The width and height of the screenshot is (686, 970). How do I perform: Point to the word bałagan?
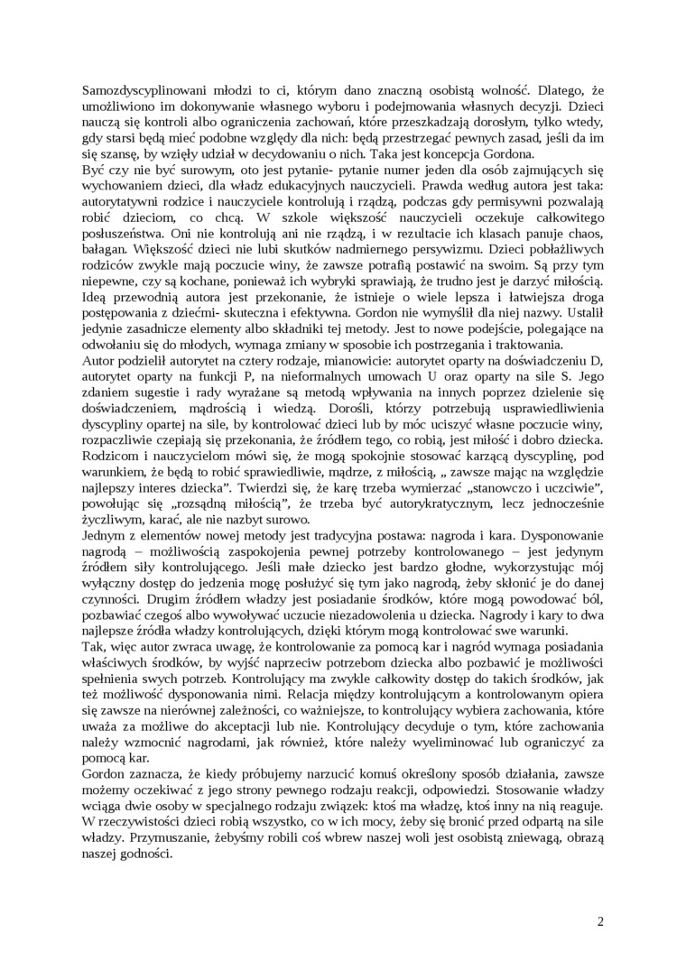coord(106,252)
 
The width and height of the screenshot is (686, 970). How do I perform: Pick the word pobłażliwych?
coord(566,252)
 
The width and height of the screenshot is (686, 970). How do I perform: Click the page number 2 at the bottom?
coord(600,921)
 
